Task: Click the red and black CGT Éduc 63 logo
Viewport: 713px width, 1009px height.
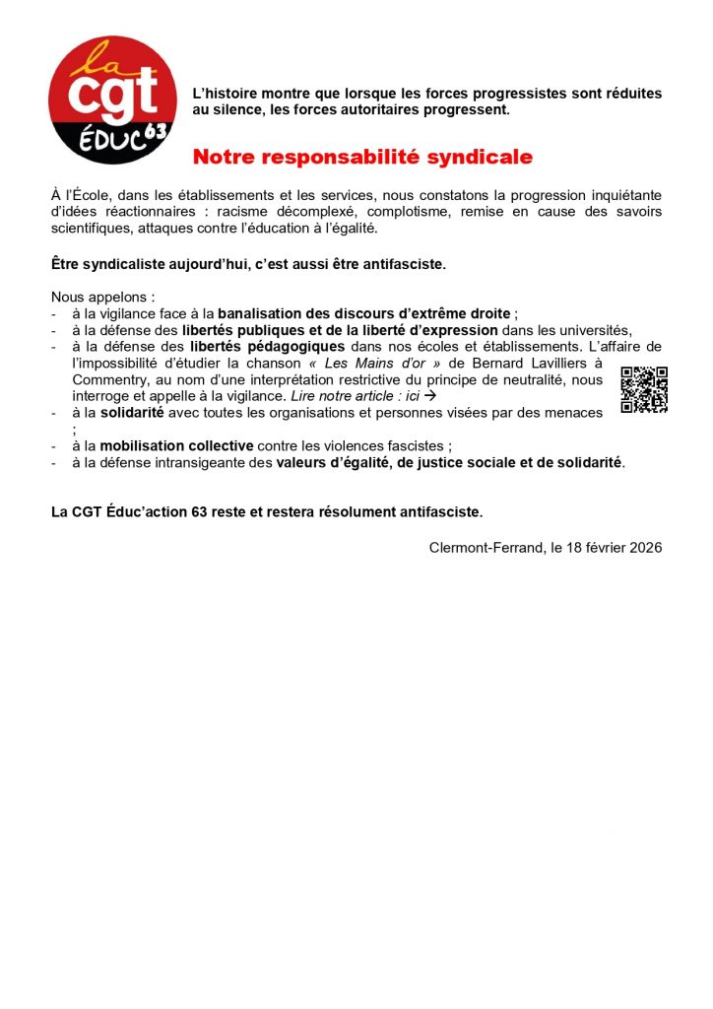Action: pyautogui.click(x=112, y=100)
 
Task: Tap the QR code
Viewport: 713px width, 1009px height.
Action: pyautogui.click(x=644, y=389)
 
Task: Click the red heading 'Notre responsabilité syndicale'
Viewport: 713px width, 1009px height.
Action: pyautogui.click(x=362, y=157)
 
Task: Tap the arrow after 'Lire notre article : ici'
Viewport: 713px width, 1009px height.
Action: pyautogui.click(x=428, y=395)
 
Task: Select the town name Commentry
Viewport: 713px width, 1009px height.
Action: pyautogui.click(x=111, y=379)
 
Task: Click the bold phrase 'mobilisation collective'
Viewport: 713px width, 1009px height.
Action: pyautogui.click(x=176, y=445)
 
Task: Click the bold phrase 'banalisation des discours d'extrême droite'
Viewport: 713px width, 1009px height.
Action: pyautogui.click(x=364, y=313)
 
